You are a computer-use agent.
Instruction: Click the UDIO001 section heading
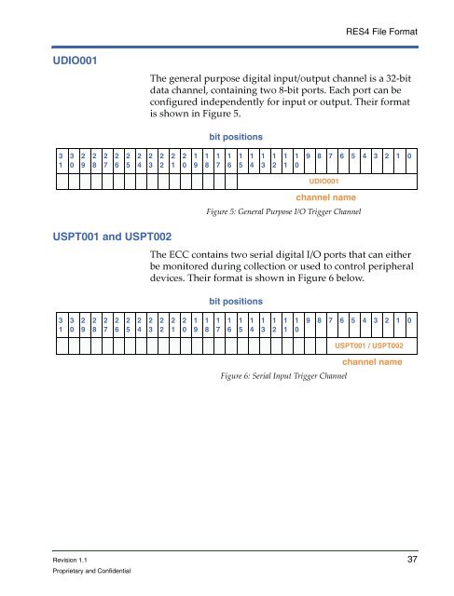[75, 61]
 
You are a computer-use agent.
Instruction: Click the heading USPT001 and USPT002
[112, 237]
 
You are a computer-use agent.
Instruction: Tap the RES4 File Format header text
[381, 32]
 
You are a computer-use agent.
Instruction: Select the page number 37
[412, 559]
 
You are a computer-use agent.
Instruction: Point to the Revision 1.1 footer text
[70, 560]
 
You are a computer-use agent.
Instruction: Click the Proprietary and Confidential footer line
[91, 571]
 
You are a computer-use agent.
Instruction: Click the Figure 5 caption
[283, 211]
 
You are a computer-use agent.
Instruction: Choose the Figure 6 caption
[283, 376]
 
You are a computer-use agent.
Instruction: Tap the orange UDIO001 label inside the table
[323, 182]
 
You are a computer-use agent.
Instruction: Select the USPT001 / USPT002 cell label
[369, 345]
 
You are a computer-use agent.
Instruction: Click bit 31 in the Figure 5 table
[61, 160]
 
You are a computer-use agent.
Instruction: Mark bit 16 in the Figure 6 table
[229, 325]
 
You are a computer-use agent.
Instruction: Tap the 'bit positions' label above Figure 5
[236, 137]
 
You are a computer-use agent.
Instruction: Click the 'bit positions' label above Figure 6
[236, 302]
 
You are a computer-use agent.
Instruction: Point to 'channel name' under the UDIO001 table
[325, 197]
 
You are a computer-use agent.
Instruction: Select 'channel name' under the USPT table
[372, 362]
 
